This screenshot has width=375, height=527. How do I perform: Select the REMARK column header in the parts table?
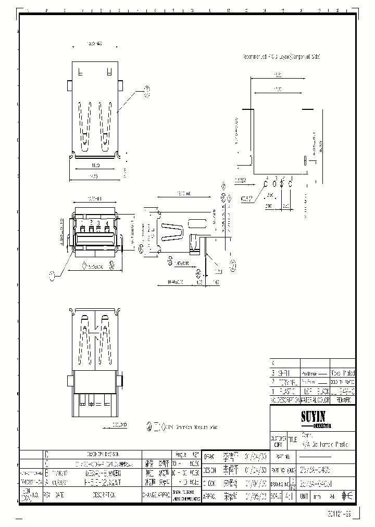point(344,400)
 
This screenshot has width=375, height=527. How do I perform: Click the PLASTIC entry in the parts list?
point(287,391)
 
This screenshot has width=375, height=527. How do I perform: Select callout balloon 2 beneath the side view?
point(233,266)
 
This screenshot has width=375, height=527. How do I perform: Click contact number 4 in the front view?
point(106,223)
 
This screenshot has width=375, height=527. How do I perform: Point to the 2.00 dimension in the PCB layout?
point(268,206)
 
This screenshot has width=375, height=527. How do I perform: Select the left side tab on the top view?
point(69,83)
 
